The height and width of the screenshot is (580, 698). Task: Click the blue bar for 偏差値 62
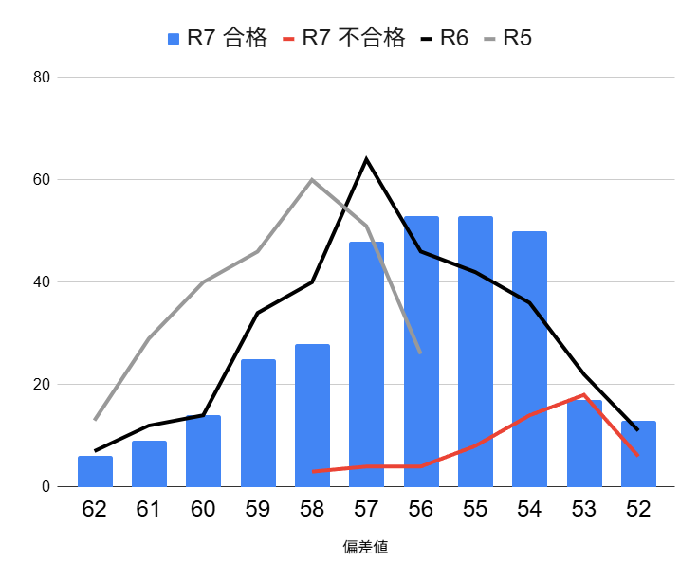[x=95, y=471]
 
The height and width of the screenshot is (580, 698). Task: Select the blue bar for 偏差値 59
[x=258, y=423]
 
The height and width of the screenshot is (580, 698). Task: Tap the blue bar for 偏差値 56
[x=421, y=352]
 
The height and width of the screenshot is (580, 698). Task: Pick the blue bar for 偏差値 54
[x=529, y=359]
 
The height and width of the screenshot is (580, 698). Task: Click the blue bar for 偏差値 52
[x=638, y=454]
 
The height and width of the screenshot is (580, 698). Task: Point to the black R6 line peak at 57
[x=366, y=159]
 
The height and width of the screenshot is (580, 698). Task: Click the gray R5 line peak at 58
[x=312, y=179]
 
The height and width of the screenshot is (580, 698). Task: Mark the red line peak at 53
[x=584, y=394]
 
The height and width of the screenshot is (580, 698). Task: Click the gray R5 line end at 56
[x=420, y=353]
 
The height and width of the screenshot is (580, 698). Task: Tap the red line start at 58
[x=312, y=471]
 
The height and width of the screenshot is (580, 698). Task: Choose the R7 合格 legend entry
[x=217, y=39]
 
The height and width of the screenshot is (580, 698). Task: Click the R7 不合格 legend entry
[x=343, y=39]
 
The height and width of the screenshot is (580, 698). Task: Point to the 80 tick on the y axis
[x=41, y=78]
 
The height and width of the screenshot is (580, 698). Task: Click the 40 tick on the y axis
[x=41, y=282]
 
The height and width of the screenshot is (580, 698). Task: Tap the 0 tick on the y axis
[x=45, y=487]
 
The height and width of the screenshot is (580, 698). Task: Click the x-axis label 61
[x=149, y=509]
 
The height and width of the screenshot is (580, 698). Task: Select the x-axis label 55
[x=475, y=509]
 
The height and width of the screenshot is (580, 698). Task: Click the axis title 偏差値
[x=366, y=547]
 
